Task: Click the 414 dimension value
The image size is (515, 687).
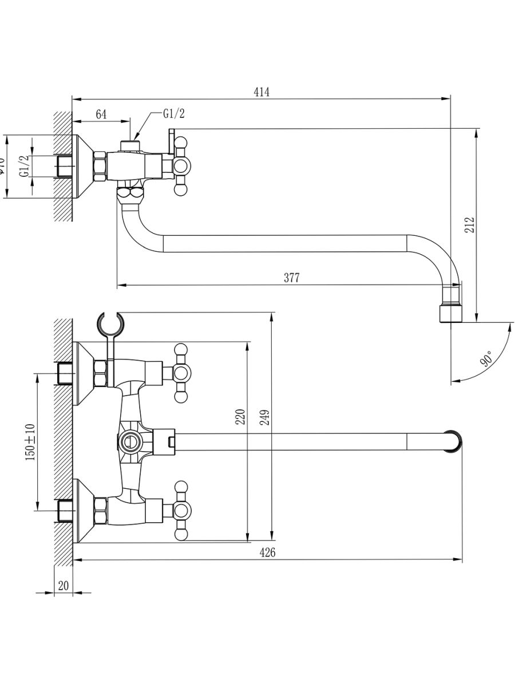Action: (x=261, y=92)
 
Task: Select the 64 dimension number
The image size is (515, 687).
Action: (x=101, y=114)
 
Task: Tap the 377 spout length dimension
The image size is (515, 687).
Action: (x=291, y=278)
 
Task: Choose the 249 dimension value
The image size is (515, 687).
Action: (x=264, y=416)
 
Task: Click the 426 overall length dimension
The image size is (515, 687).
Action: (x=267, y=552)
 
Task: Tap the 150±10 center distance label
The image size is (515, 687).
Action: (x=30, y=441)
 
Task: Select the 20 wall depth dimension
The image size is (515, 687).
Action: (x=63, y=586)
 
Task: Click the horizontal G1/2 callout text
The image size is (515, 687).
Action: (x=173, y=114)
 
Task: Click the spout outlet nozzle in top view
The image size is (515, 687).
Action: (x=450, y=313)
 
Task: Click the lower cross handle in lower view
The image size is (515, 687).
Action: (x=181, y=510)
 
